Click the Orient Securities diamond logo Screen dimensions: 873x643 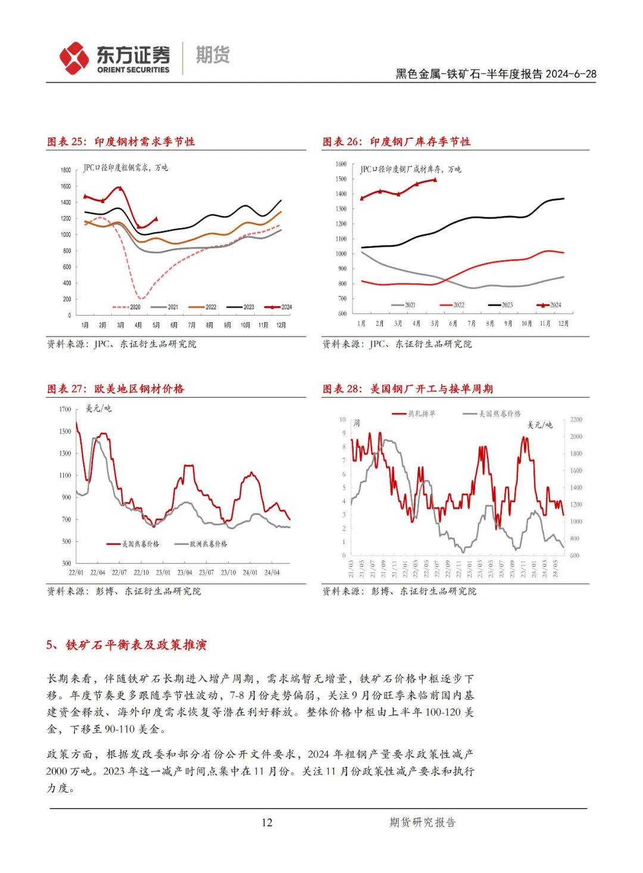[74, 58]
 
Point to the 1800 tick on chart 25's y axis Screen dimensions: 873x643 [65, 170]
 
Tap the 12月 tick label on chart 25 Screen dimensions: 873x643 [280, 325]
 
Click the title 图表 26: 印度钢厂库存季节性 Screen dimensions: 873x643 [396, 142]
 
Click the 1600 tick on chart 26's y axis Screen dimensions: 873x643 [341, 164]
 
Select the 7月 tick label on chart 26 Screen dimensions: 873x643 [472, 323]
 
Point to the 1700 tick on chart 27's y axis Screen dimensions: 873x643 [65, 409]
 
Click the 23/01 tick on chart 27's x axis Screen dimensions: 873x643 [163, 572]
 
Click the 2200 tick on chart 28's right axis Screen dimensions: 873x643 [576, 420]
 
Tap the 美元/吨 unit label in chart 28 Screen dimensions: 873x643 [539, 425]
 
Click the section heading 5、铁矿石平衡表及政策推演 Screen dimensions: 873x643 [126, 645]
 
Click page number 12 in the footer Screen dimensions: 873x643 [267, 822]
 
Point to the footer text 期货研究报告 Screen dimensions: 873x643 [422, 822]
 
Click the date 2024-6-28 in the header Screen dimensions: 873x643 [571, 74]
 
